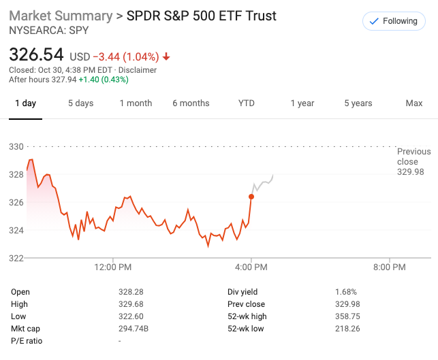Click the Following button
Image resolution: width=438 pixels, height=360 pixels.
(393, 21)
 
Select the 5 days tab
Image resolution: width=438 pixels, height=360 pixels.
(80, 103)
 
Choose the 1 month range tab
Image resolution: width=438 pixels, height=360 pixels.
(136, 103)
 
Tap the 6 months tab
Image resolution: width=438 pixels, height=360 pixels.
(191, 103)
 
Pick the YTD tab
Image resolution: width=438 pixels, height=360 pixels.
(246, 103)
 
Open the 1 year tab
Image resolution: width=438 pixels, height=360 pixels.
(302, 103)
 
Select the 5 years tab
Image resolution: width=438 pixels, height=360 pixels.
(358, 103)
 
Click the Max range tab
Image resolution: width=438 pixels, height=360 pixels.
(413, 103)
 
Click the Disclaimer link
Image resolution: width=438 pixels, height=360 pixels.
(139, 70)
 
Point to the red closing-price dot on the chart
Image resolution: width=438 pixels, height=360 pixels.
(251, 197)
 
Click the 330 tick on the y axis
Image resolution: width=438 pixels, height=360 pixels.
(16, 146)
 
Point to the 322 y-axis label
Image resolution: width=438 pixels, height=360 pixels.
(16, 258)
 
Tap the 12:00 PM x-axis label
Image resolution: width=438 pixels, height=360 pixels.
(113, 267)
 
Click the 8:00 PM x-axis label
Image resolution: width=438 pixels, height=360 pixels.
(390, 267)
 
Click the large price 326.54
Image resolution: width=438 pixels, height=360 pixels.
(35, 54)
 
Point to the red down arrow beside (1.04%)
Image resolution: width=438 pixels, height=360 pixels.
(166, 57)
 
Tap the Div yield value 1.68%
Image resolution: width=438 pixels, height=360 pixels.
(345, 292)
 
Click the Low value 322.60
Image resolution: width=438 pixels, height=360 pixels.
(130, 316)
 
